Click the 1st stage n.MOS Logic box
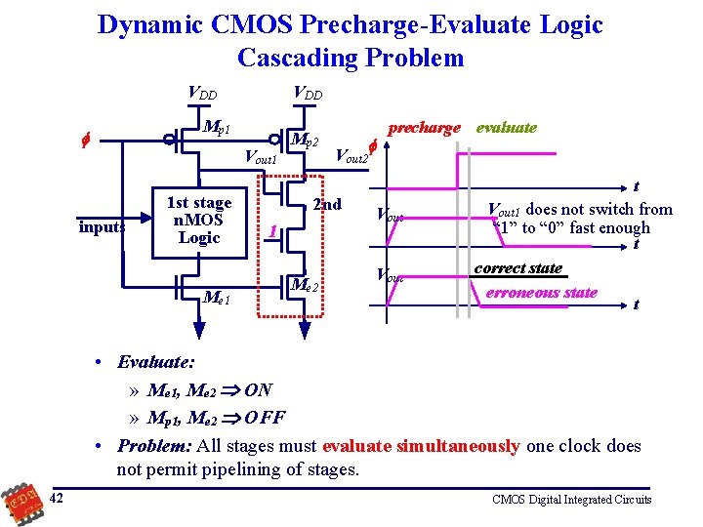pos(199,221)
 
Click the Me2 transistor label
pos(306,285)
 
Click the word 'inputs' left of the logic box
pos(103,227)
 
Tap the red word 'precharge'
pos(424,128)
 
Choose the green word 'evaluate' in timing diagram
pos(506,128)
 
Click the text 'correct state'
pos(517,267)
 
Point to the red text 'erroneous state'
pos(540,292)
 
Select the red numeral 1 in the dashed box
pos(274,232)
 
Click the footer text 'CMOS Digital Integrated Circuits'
pos(571,500)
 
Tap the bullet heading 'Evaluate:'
pos(151,362)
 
